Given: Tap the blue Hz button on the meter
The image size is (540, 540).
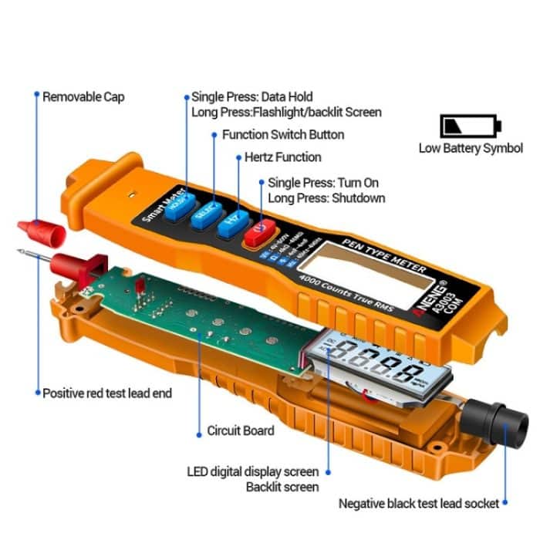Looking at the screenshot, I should (229, 224).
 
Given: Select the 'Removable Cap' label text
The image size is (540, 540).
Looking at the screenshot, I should (83, 97).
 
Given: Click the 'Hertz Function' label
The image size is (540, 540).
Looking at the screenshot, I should (282, 157).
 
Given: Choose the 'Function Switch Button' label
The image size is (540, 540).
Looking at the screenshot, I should (283, 134).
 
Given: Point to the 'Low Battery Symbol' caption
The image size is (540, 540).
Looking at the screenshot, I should (471, 148).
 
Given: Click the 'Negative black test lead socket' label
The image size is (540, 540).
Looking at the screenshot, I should (419, 504).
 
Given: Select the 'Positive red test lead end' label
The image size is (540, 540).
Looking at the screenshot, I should (107, 393).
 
